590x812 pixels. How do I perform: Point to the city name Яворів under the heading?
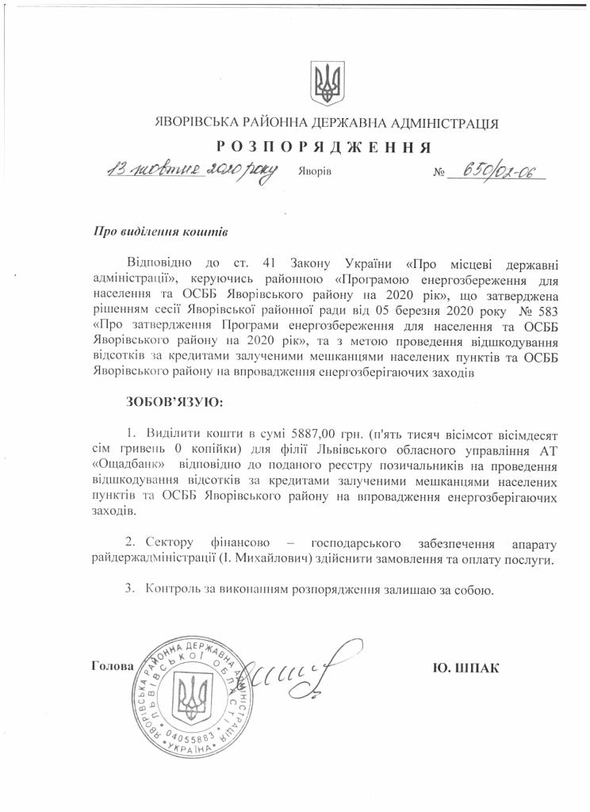315,171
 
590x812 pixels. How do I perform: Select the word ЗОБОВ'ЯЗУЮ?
175,402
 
